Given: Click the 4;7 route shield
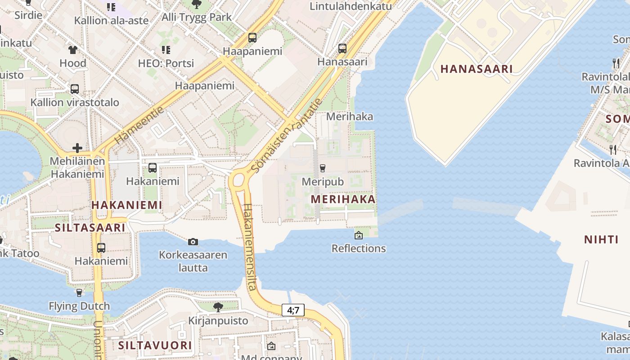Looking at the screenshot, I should (x=293, y=310).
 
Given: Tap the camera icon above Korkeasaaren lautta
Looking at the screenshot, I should (x=193, y=242).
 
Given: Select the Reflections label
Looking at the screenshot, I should (x=359, y=248).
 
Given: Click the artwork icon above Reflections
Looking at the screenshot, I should (x=359, y=235).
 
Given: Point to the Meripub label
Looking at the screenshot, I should (x=323, y=182).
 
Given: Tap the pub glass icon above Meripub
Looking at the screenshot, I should (x=322, y=168).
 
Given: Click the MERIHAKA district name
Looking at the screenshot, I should (x=343, y=199).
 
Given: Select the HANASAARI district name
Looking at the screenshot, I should (x=477, y=69).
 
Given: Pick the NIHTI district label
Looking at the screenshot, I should (x=601, y=239).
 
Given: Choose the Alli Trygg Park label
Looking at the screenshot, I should (x=197, y=17).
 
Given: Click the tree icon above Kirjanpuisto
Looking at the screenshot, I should (x=218, y=307).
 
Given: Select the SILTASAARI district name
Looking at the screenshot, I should (x=90, y=228).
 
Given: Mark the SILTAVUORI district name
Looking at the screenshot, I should (x=155, y=346).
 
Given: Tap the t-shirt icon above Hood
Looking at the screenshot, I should (x=73, y=49).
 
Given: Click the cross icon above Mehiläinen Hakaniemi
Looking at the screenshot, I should (x=77, y=148).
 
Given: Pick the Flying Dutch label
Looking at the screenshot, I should (x=79, y=306).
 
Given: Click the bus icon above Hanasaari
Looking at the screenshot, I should (x=342, y=48).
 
